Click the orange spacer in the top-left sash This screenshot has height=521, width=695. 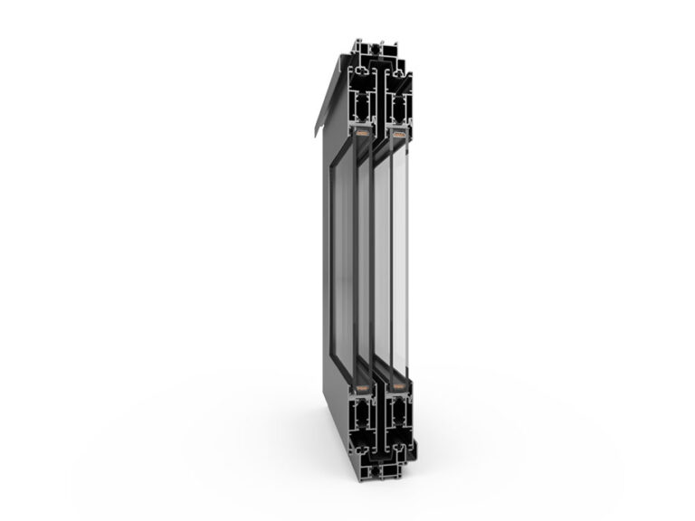[362, 136]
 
